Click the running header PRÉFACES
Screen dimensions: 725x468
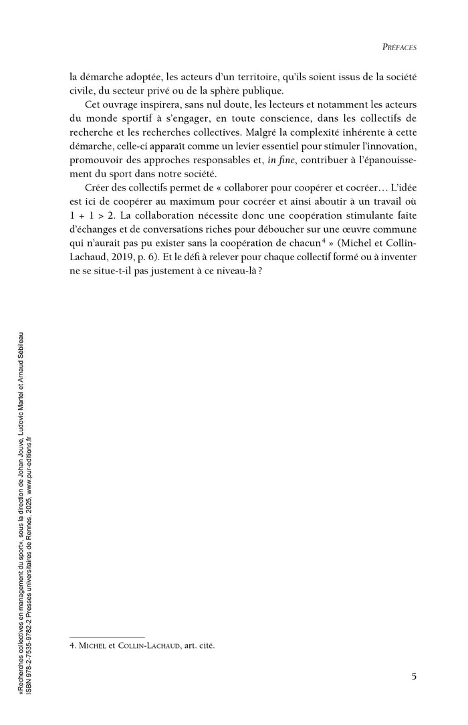398,48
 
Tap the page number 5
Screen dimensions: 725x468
415,676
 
